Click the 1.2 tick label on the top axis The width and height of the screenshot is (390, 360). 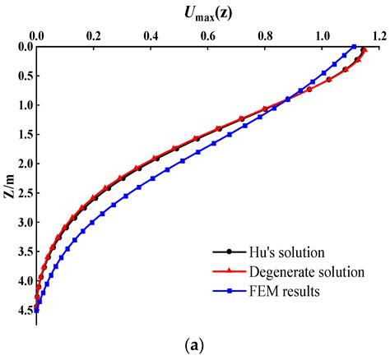click(378, 36)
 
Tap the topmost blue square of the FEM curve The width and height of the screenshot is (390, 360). click(353, 47)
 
